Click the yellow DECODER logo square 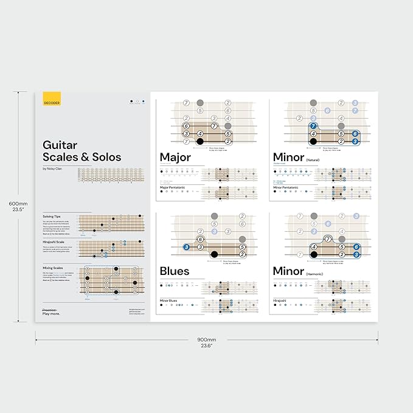(x=52, y=100)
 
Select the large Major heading (x=175, y=157)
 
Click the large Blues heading (x=175, y=271)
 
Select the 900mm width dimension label (x=207, y=339)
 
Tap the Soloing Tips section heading (x=52, y=216)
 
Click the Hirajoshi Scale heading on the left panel (x=54, y=241)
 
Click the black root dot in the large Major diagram (x=200, y=142)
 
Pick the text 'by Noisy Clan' (x=53, y=168)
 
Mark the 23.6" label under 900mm (x=207, y=346)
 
